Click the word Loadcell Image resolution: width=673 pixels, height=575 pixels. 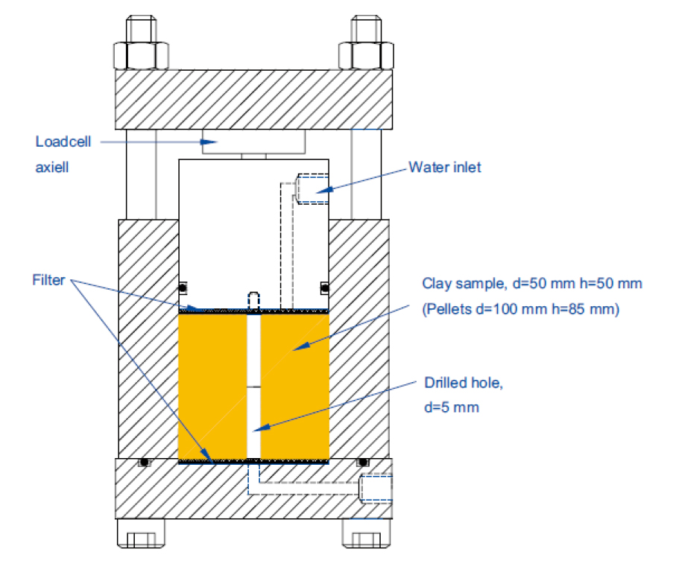click(63, 142)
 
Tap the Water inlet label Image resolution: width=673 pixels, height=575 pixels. click(444, 167)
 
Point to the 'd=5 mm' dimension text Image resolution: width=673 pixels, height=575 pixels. click(452, 407)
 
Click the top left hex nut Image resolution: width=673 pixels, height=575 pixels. click(142, 54)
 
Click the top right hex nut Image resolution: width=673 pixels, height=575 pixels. click(366, 54)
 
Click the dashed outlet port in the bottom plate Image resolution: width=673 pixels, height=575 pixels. click(374, 489)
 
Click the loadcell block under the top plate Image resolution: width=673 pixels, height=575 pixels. click(253, 142)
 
